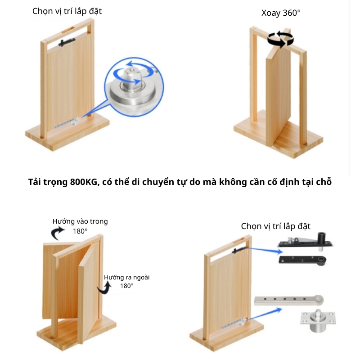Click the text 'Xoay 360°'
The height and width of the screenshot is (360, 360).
(x=281, y=13)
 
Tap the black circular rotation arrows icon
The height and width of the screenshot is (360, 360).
(x=280, y=39)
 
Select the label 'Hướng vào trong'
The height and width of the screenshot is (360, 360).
(x=80, y=221)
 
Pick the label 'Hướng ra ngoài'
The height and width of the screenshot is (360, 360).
(x=127, y=277)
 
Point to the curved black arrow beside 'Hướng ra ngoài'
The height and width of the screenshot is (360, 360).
(x=104, y=288)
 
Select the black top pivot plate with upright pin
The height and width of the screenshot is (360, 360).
(x=306, y=242)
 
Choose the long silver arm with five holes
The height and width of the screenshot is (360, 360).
(x=289, y=300)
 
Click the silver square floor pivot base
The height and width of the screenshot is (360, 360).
(x=318, y=320)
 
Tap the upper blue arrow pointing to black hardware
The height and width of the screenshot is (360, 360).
(x=265, y=250)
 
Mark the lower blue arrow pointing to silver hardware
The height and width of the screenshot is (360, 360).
(x=265, y=314)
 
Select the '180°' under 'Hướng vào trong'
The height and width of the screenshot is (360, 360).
(x=80, y=231)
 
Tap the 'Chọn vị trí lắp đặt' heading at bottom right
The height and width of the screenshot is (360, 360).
(x=275, y=226)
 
